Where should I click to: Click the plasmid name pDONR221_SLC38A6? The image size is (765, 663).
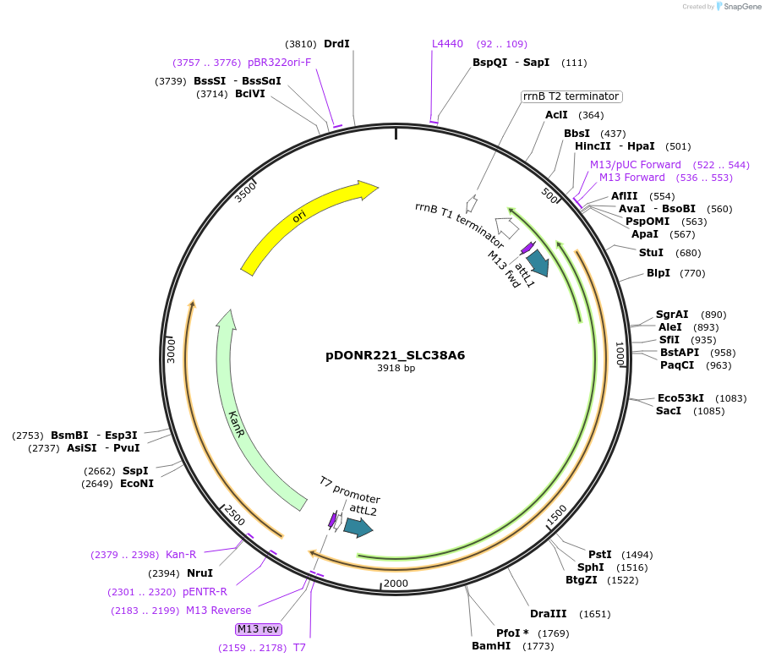(x=395, y=355)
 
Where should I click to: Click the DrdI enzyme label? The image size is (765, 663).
(x=336, y=44)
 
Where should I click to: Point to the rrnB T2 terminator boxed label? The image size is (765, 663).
(x=571, y=96)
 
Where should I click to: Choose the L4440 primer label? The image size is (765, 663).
(x=447, y=44)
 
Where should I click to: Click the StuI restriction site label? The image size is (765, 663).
(x=651, y=253)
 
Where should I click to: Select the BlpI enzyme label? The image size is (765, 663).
(x=658, y=273)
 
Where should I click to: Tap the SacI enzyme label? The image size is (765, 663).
(x=668, y=411)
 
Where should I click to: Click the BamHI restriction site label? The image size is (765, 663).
(x=491, y=646)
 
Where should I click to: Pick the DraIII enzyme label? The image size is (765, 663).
(x=548, y=614)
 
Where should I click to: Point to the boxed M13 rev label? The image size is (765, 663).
(x=259, y=629)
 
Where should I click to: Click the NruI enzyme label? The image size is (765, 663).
(x=199, y=573)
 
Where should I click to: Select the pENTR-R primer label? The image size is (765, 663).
(x=205, y=592)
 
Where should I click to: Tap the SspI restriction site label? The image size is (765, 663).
(x=135, y=471)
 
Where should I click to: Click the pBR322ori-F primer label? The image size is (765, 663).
(x=279, y=63)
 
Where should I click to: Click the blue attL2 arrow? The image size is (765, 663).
(x=358, y=528)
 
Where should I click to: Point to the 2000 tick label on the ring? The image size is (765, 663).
(x=396, y=584)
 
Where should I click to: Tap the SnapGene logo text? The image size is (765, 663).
(x=739, y=7)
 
